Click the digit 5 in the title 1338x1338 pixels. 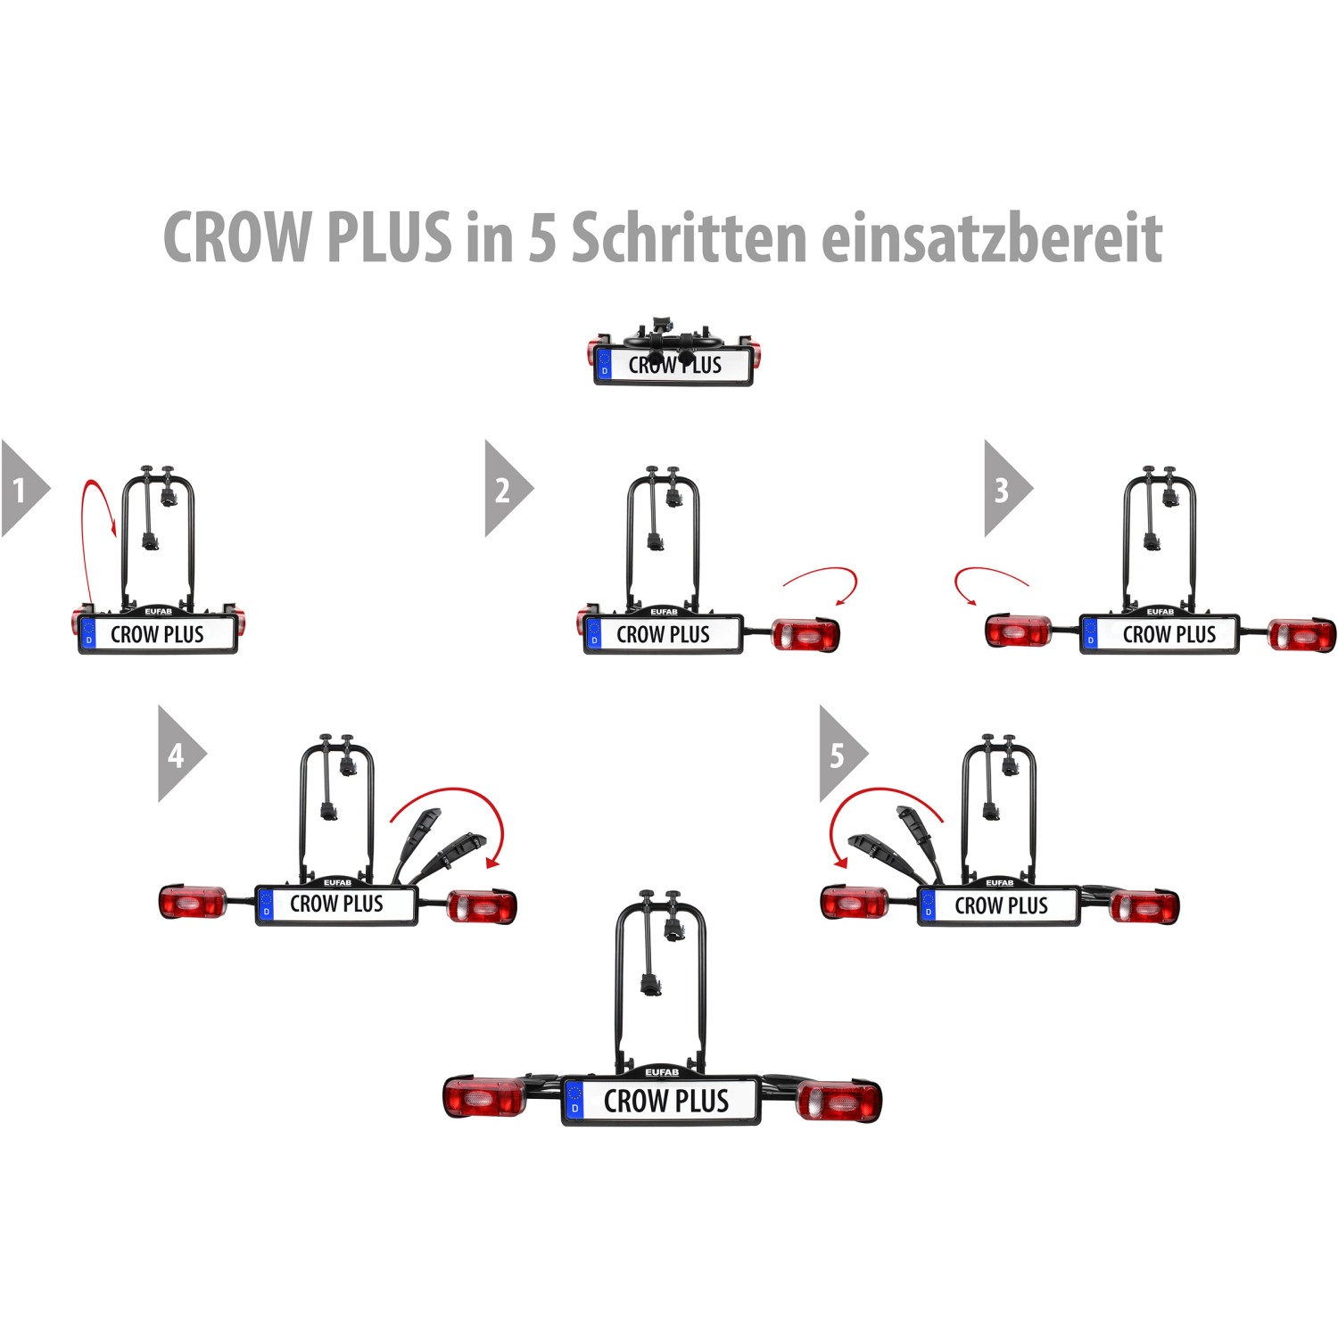541,239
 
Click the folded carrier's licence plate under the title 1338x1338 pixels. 674,365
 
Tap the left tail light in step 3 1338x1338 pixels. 1018,632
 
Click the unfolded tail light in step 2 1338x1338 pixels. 805,635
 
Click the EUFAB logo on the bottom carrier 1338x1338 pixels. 662,1072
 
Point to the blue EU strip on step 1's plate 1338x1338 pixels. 88,633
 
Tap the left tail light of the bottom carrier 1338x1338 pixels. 484,1098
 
